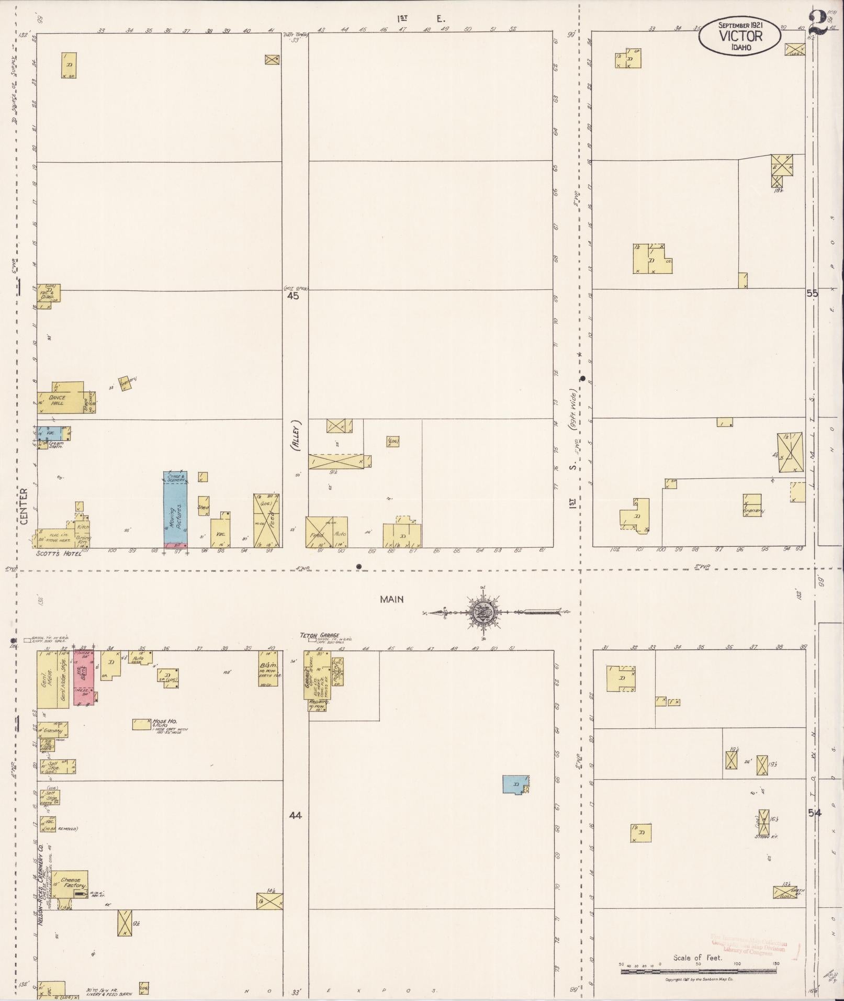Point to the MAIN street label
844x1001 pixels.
click(x=392, y=600)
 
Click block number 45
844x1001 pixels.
click(x=293, y=296)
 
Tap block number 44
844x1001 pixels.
click(x=296, y=815)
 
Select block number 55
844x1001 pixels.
click(x=812, y=294)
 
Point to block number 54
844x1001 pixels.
click(x=814, y=813)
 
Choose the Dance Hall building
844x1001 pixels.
click(x=59, y=401)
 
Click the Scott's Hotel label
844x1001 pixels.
click(x=59, y=554)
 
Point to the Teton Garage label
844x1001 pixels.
click(x=320, y=636)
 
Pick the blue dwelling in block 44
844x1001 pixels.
click(x=514, y=784)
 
